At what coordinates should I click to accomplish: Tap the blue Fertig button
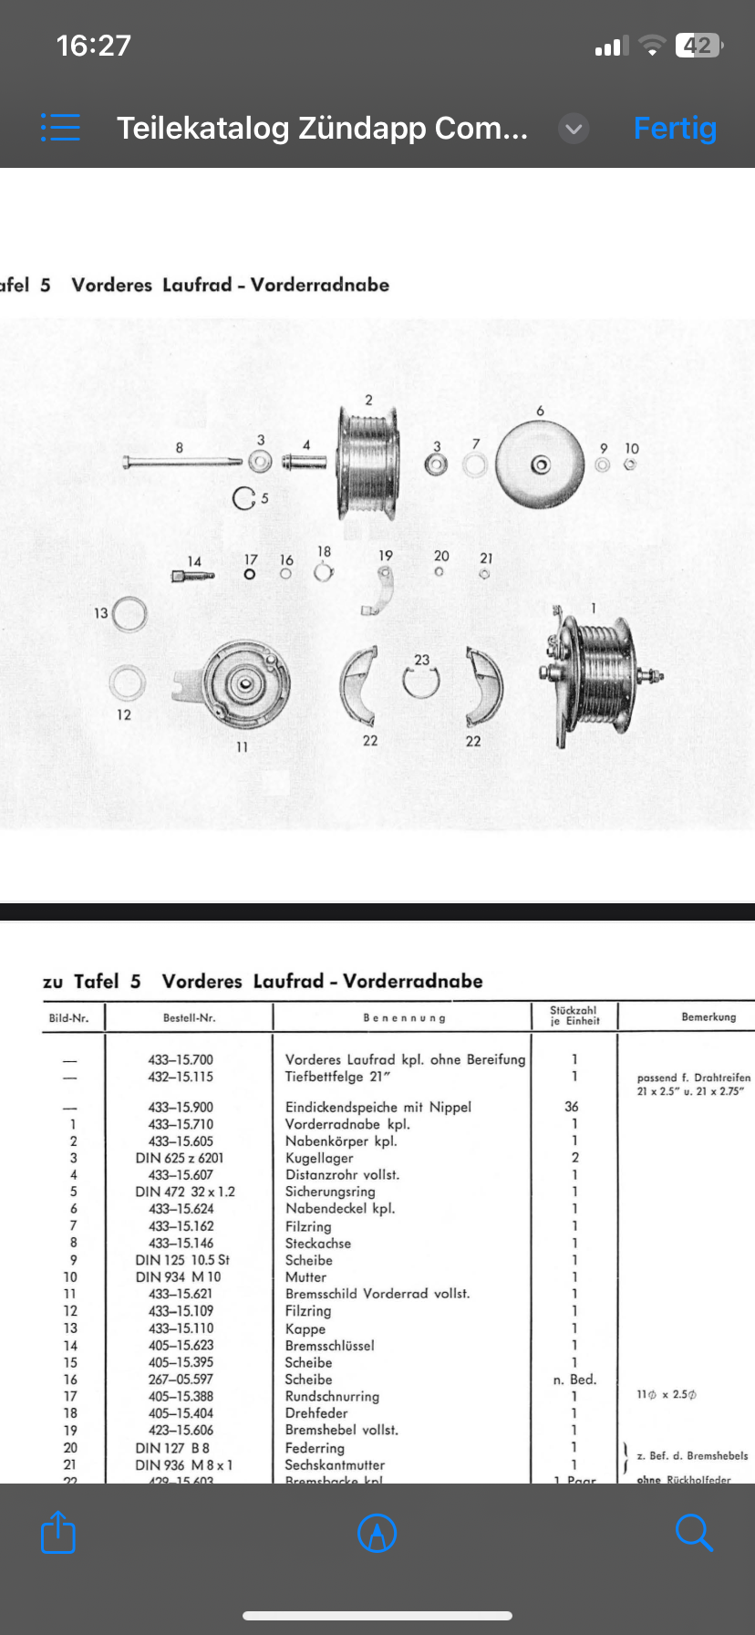click(x=675, y=129)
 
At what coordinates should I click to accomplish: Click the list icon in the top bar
click(x=60, y=128)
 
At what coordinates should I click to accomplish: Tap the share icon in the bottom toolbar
click(x=58, y=1532)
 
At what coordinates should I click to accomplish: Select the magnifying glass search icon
click(x=694, y=1532)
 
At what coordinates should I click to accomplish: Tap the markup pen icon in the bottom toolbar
click(x=377, y=1533)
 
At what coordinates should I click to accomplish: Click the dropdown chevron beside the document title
click(x=574, y=129)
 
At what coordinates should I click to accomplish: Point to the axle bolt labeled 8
click(x=182, y=462)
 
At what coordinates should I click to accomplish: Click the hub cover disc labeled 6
click(x=540, y=465)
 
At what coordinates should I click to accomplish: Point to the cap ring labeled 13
click(x=129, y=614)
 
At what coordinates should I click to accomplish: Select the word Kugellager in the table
click(x=319, y=1158)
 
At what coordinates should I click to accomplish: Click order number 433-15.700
click(x=181, y=1059)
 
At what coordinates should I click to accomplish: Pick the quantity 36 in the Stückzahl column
click(x=572, y=1106)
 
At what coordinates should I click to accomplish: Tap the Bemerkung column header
click(x=708, y=1016)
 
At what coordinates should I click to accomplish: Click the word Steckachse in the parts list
click(x=317, y=1243)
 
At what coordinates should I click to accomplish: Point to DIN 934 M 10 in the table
click(x=179, y=1276)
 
